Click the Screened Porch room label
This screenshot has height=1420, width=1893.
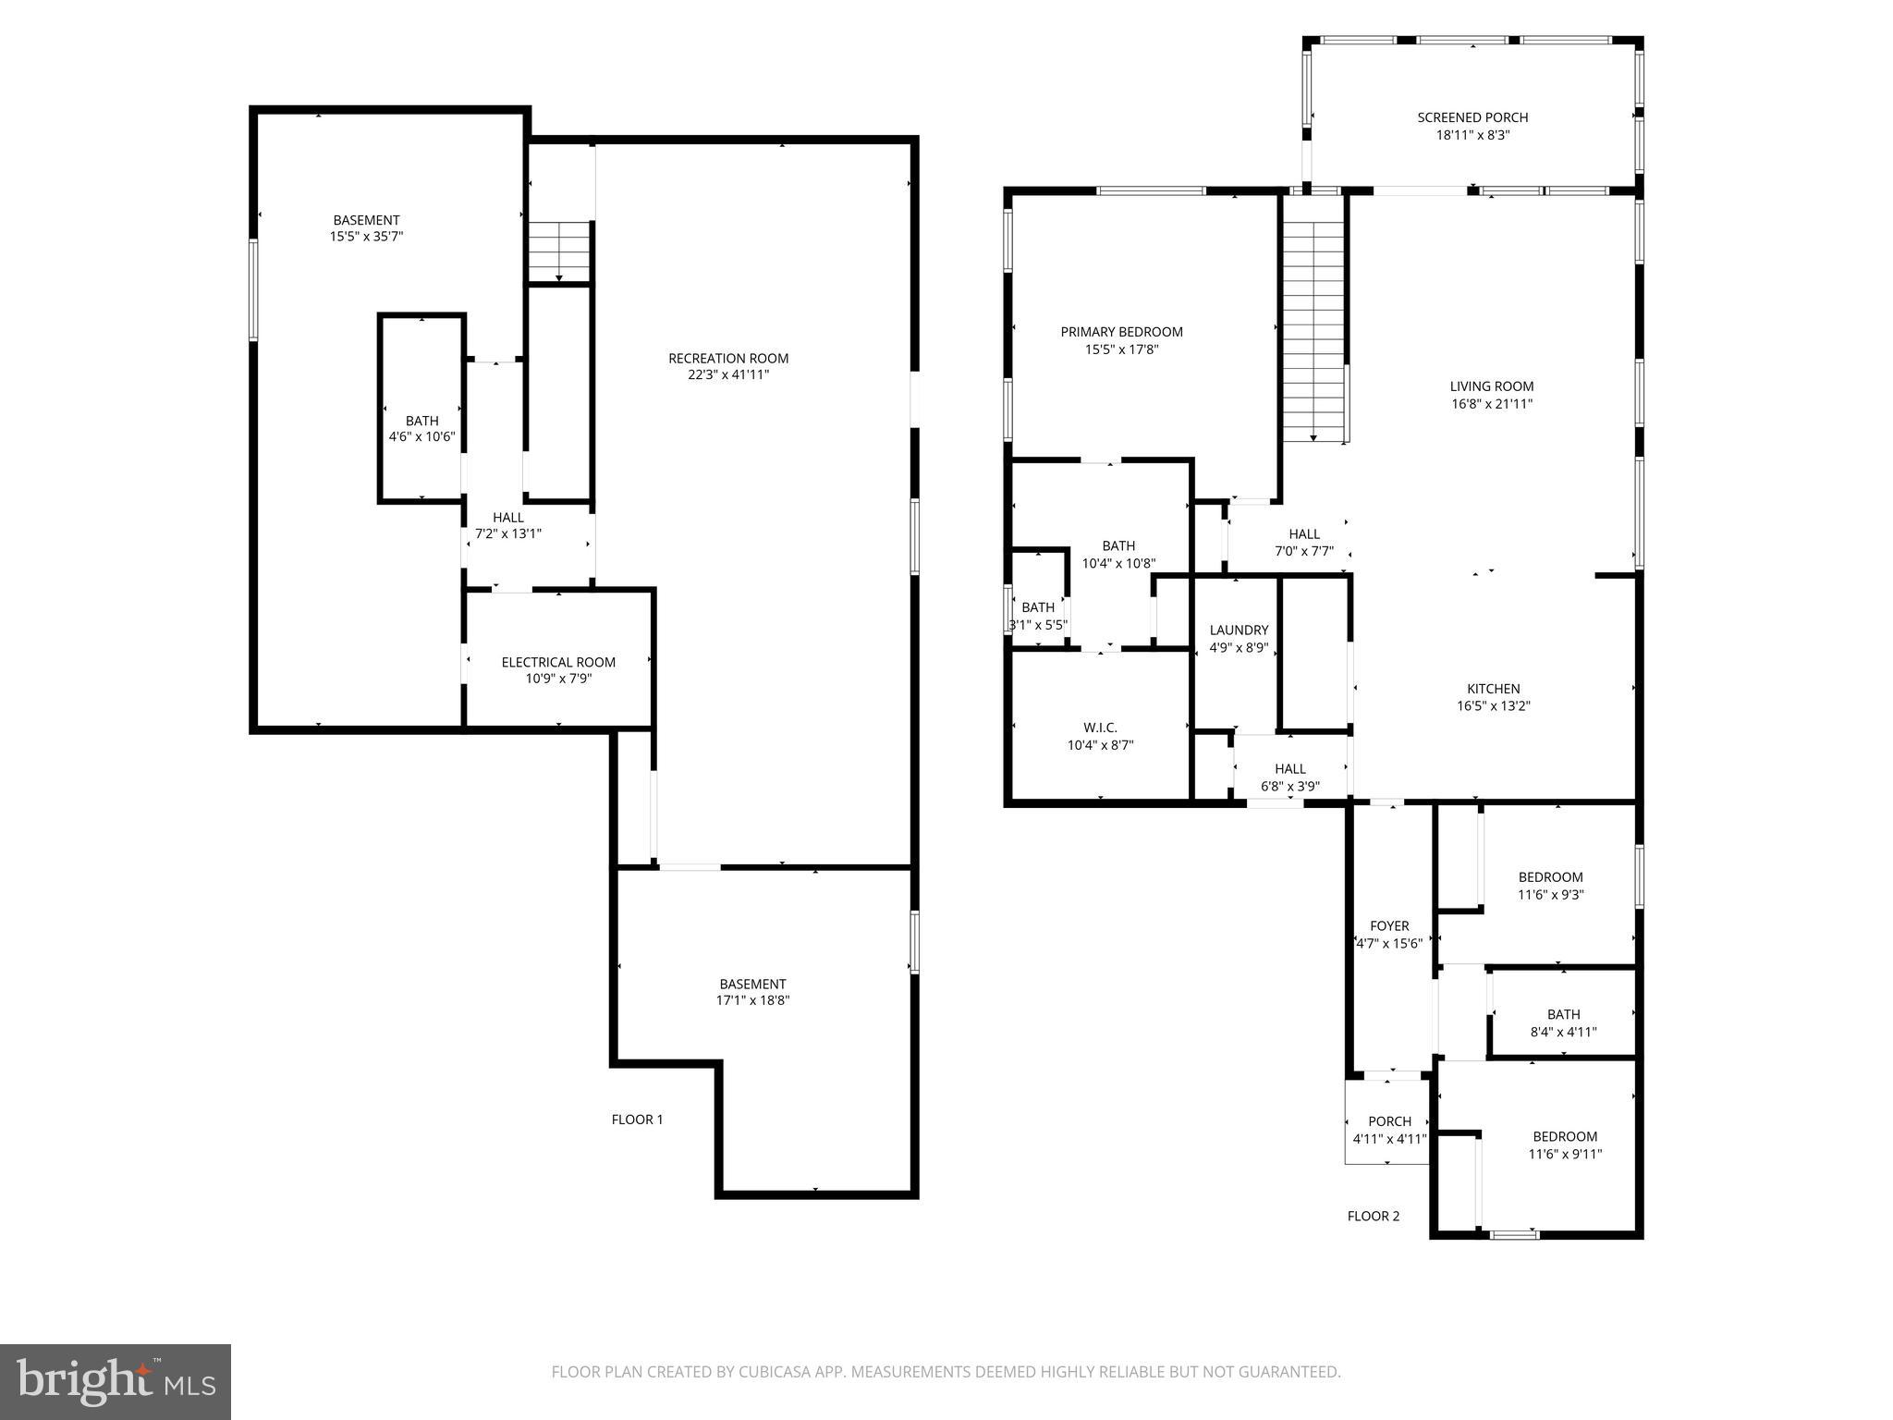[1472, 117]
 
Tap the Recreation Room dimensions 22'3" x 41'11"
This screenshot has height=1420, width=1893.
[727, 375]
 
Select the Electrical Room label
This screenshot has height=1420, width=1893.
[558, 662]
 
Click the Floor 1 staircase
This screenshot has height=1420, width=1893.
[559, 251]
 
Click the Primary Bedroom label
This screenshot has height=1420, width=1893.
[1121, 332]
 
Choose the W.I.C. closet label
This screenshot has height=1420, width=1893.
[1100, 728]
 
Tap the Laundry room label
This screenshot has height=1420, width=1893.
[1239, 630]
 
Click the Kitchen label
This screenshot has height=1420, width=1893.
[1493, 689]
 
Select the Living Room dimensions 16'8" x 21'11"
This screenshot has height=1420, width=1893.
[1491, 404]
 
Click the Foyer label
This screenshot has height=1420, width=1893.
[1389, 926]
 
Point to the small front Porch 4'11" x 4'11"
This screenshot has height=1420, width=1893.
[1389, 1130]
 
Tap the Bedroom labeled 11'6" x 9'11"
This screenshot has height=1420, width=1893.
[1564, 1145]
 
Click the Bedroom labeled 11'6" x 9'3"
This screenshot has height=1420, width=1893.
[1550, 886]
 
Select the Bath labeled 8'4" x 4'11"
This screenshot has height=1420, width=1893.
[1563, 1022]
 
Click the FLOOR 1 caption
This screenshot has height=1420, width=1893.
[637, 1120]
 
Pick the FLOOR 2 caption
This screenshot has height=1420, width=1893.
[1373, 1217]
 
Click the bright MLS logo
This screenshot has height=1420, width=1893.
[116, 1381]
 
